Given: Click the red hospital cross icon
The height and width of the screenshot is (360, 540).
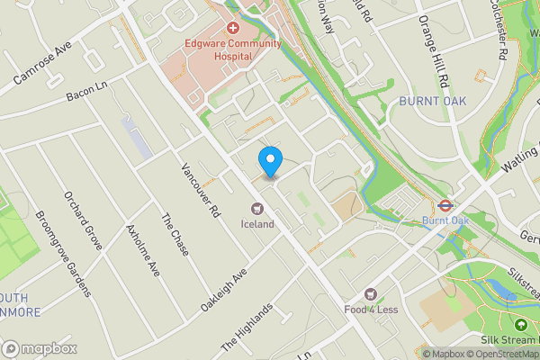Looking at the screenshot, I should coord(232,29).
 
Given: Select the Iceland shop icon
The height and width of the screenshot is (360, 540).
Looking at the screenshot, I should coord(256,209).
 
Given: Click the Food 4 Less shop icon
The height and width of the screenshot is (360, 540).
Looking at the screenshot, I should coord(370,294).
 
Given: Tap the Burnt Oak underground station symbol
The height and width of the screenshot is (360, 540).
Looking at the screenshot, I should coord(445,204).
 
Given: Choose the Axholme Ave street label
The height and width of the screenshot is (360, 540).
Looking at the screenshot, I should coord(144,250).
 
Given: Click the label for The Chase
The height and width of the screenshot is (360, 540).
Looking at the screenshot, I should coord(175,235).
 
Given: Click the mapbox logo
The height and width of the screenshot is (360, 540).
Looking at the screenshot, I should coord(40,348).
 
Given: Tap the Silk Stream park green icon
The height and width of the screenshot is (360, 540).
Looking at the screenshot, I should coord(521,325).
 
